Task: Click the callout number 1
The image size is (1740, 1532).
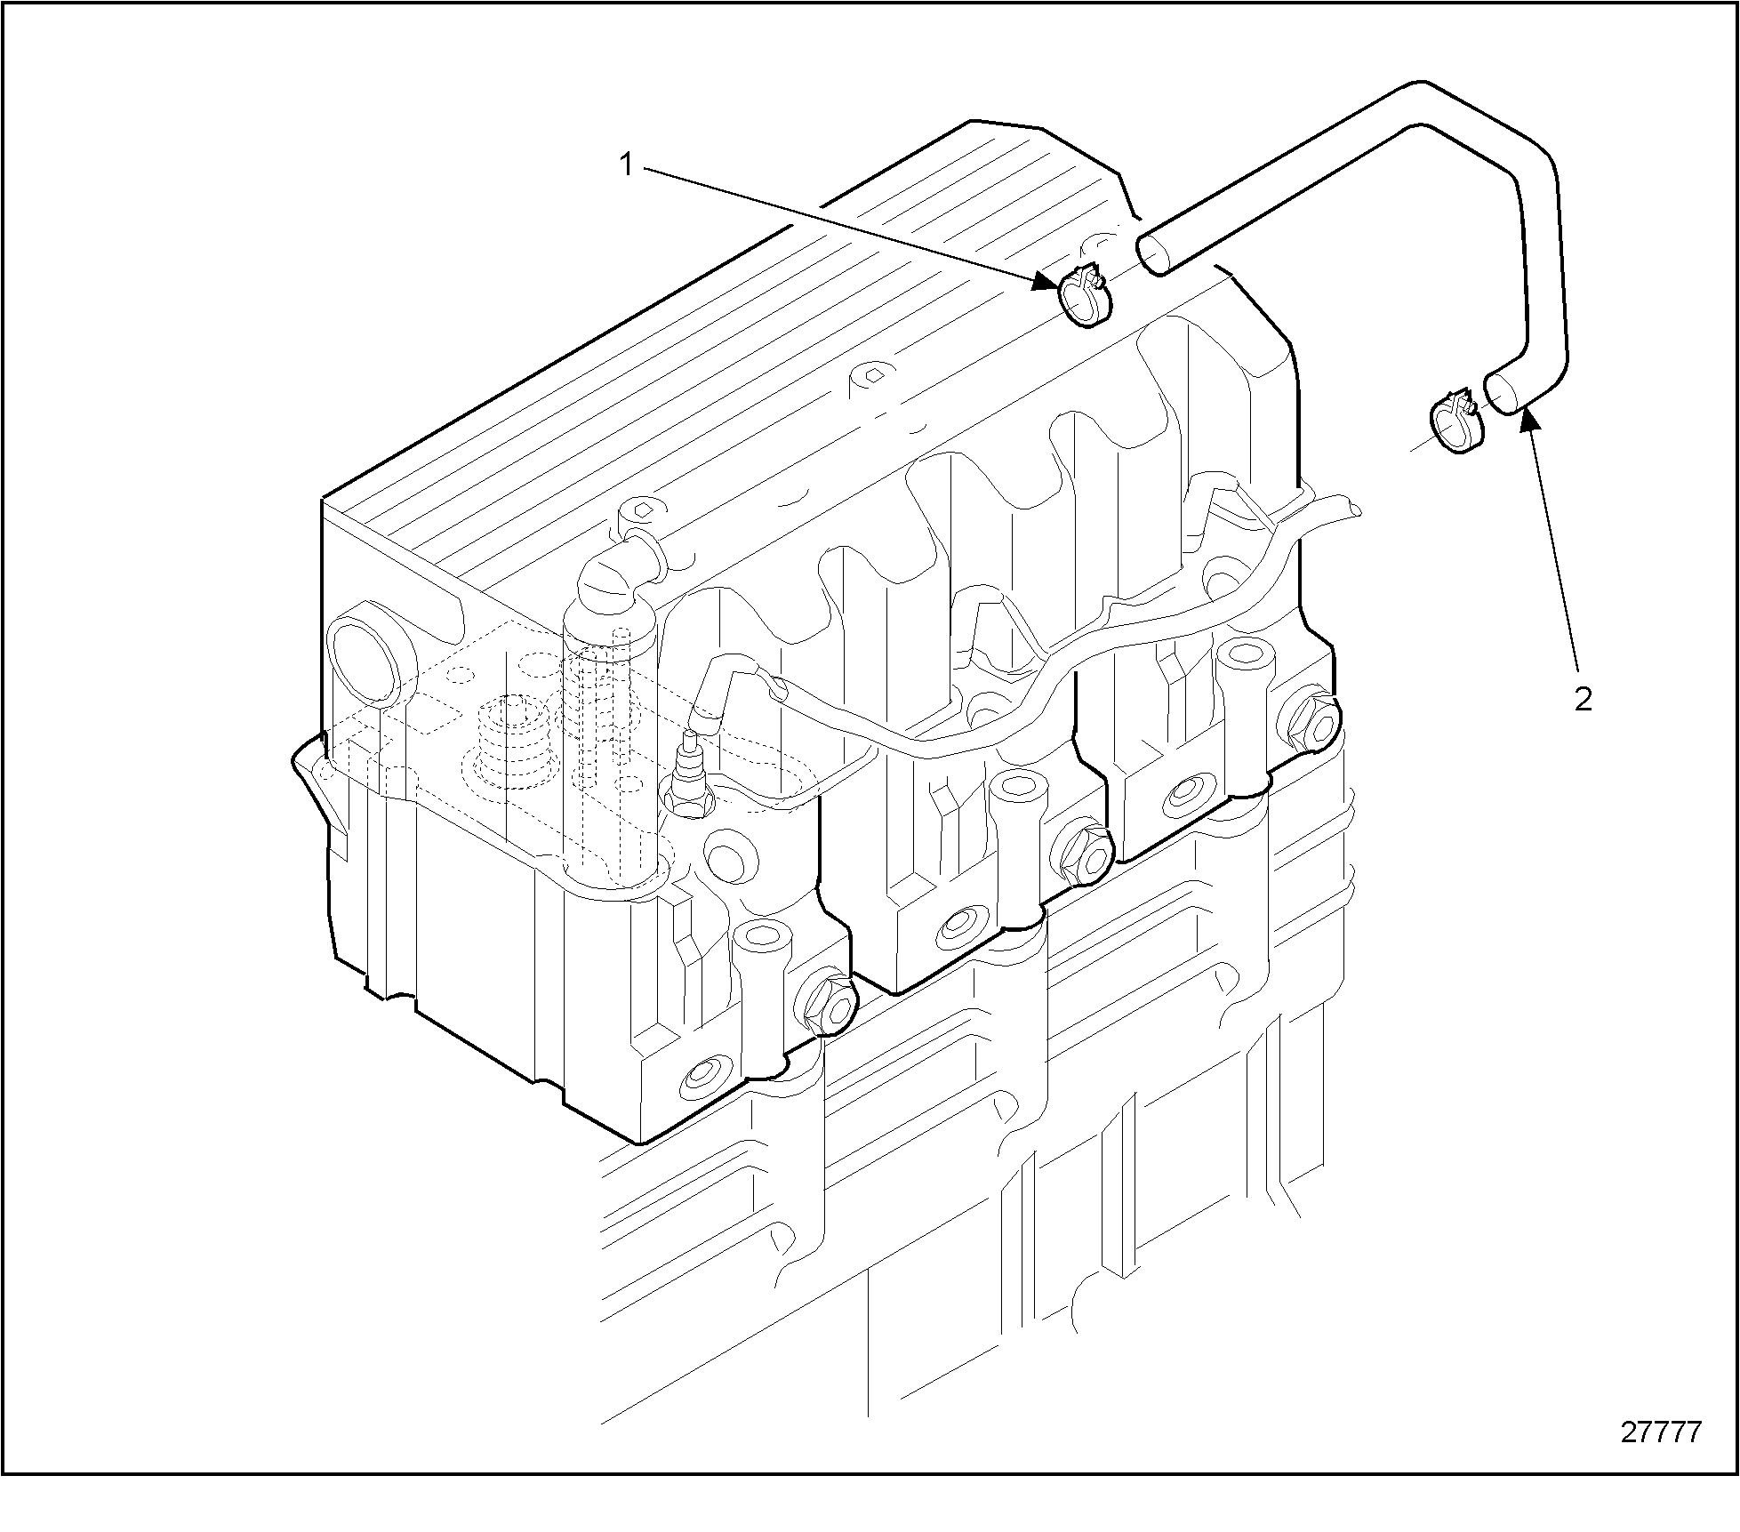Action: tap(626, 164)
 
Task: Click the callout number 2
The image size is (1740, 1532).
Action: tap(1582, 700)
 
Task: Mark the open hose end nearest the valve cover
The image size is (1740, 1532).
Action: tap(1154, 251)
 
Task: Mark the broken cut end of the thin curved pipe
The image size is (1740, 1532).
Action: tap(1352, 508)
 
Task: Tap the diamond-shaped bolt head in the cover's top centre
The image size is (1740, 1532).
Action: tap(873, 375)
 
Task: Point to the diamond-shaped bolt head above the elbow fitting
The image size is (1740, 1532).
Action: tap(643, 511)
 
